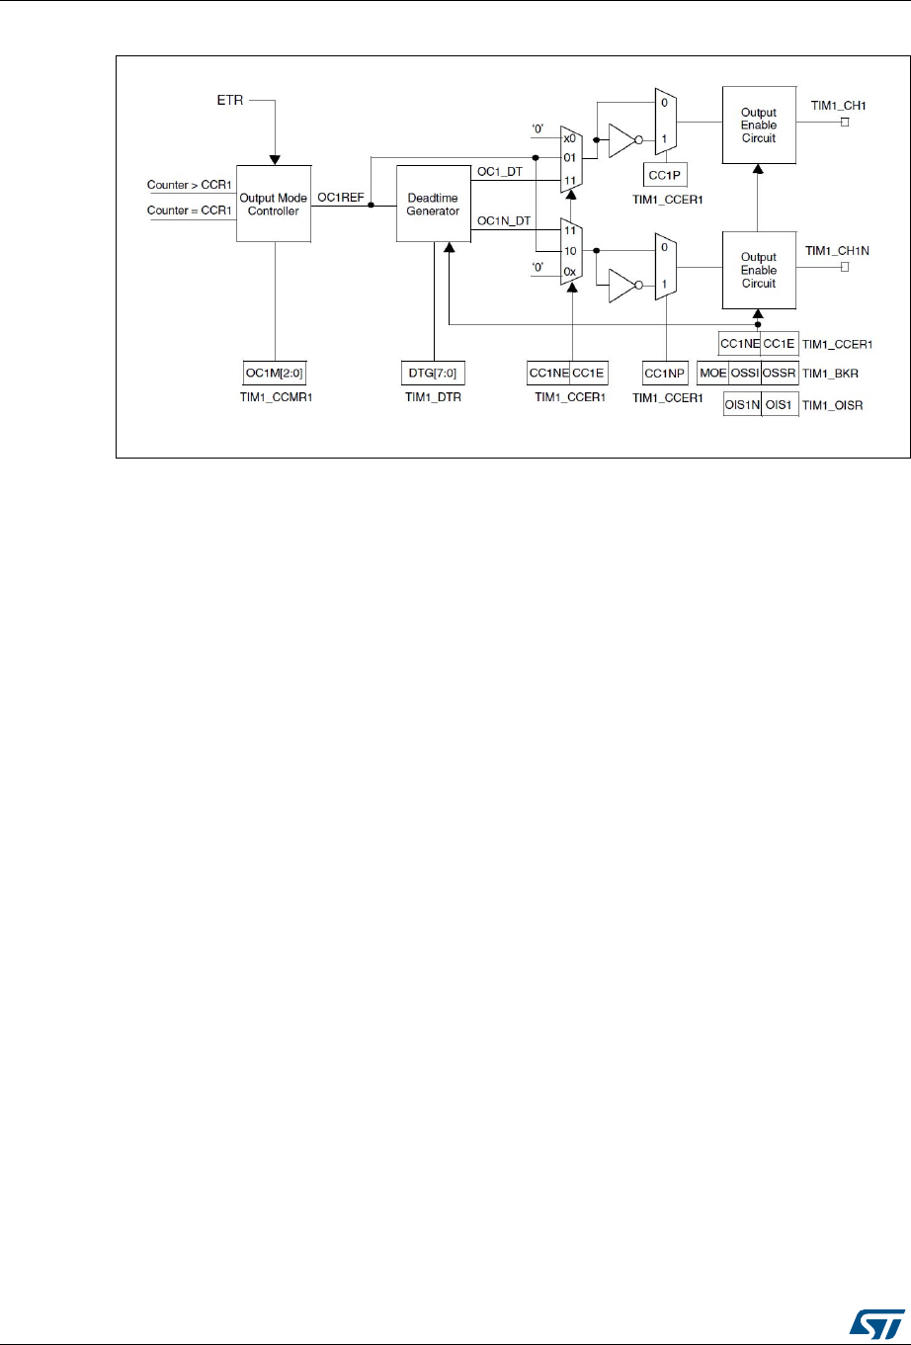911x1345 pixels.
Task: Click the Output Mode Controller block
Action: coord(274,204)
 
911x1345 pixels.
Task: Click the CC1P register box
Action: coord(665,175)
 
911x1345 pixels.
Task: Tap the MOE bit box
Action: coord(712,373)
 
